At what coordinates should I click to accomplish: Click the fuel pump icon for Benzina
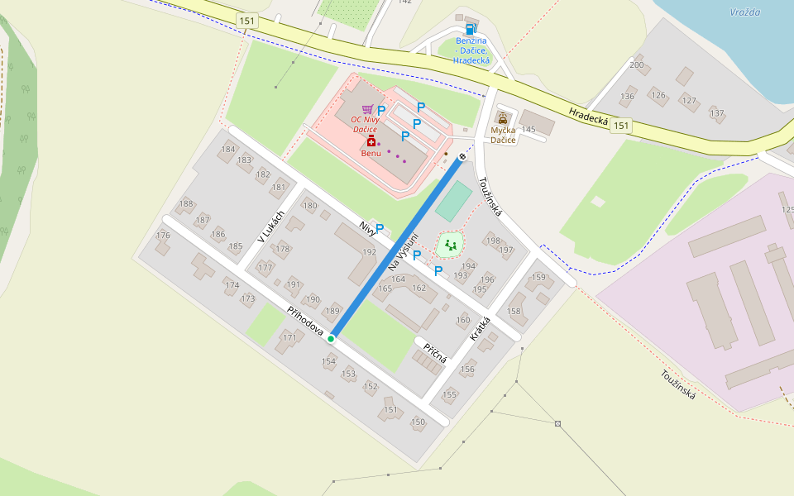471,28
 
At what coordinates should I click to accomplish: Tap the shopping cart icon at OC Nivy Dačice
367,109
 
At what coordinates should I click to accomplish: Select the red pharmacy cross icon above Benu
371,141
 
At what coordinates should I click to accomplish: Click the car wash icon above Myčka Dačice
502,118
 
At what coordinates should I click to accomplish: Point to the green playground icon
450,244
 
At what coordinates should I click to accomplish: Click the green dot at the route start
331,338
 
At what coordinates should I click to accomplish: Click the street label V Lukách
270,226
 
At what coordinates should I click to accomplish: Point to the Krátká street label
480,329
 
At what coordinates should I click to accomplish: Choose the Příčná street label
435,353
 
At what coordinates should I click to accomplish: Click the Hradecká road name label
589,117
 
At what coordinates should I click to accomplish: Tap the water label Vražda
745,12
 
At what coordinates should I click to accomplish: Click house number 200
636,64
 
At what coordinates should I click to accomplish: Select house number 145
528,130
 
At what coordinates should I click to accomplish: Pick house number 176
163,236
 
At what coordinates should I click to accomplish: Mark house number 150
418,422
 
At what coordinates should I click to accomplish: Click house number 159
538,278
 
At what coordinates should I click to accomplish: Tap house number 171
289,337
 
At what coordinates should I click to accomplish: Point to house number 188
185,203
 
